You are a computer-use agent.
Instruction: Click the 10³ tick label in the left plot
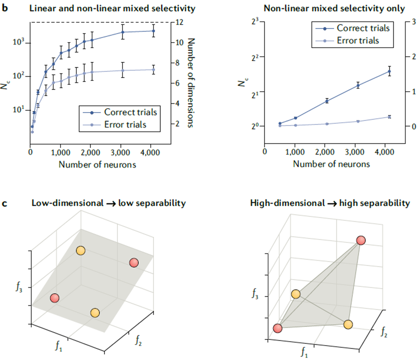[x=18, y=42]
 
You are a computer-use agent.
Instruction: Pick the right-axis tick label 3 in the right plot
[x=412, y=21]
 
